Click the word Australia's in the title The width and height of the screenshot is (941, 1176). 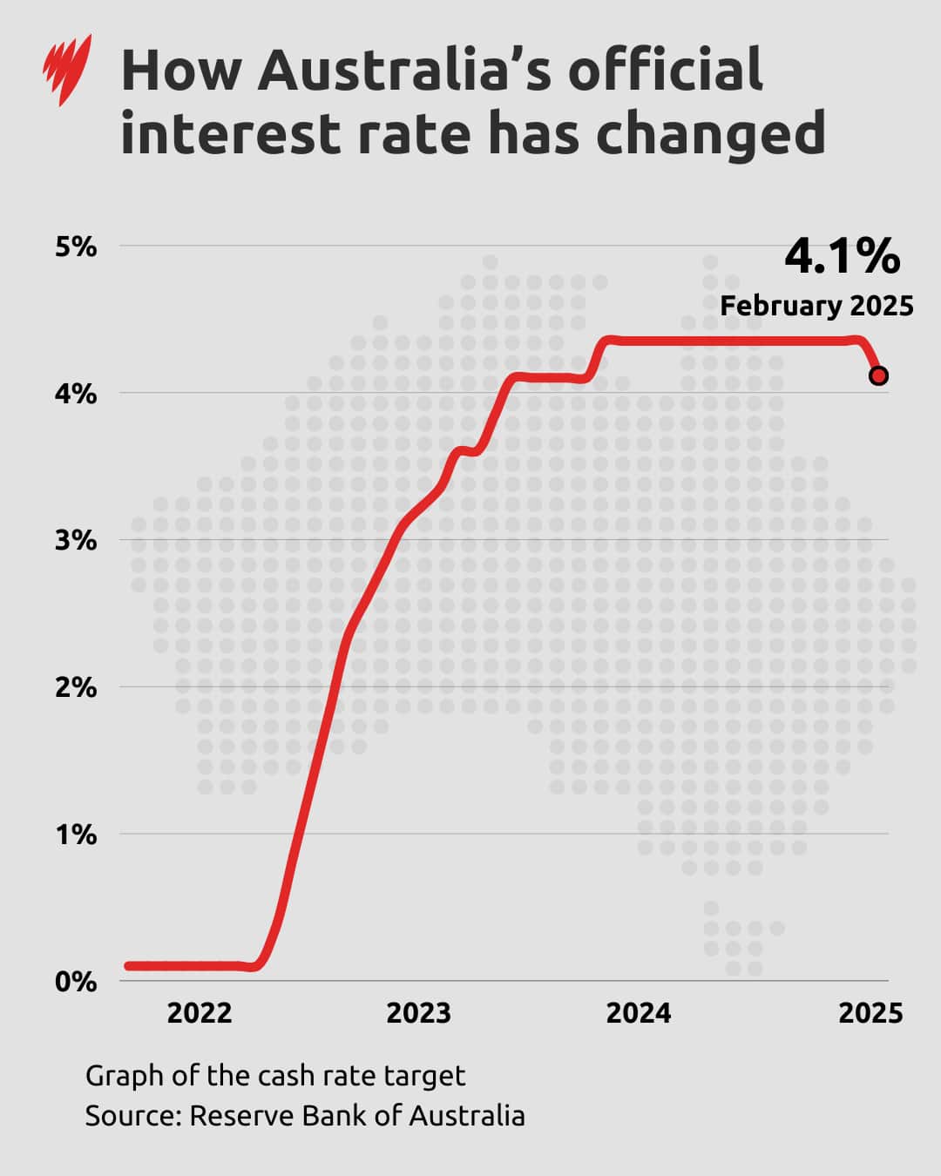404,70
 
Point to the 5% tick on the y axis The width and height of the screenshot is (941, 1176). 76,247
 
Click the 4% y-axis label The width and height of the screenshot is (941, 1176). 76,394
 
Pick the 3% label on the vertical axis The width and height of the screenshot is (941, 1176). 76,540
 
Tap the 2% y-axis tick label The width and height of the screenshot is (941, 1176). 76,687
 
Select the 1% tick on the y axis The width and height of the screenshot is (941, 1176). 76,835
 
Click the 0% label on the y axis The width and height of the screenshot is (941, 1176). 76,982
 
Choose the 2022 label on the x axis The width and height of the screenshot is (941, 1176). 200,1013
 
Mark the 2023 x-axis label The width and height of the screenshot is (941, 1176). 418,1013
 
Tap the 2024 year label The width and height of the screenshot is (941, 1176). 639,1013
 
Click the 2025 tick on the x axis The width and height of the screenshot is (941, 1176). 870,1013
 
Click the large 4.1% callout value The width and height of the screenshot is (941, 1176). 842,256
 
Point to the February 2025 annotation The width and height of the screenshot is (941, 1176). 816,306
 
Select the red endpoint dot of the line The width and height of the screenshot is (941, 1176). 878,375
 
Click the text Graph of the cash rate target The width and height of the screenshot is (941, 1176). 275,1076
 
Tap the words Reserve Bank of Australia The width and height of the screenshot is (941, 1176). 357,1116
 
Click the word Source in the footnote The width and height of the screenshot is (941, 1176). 132,1116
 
